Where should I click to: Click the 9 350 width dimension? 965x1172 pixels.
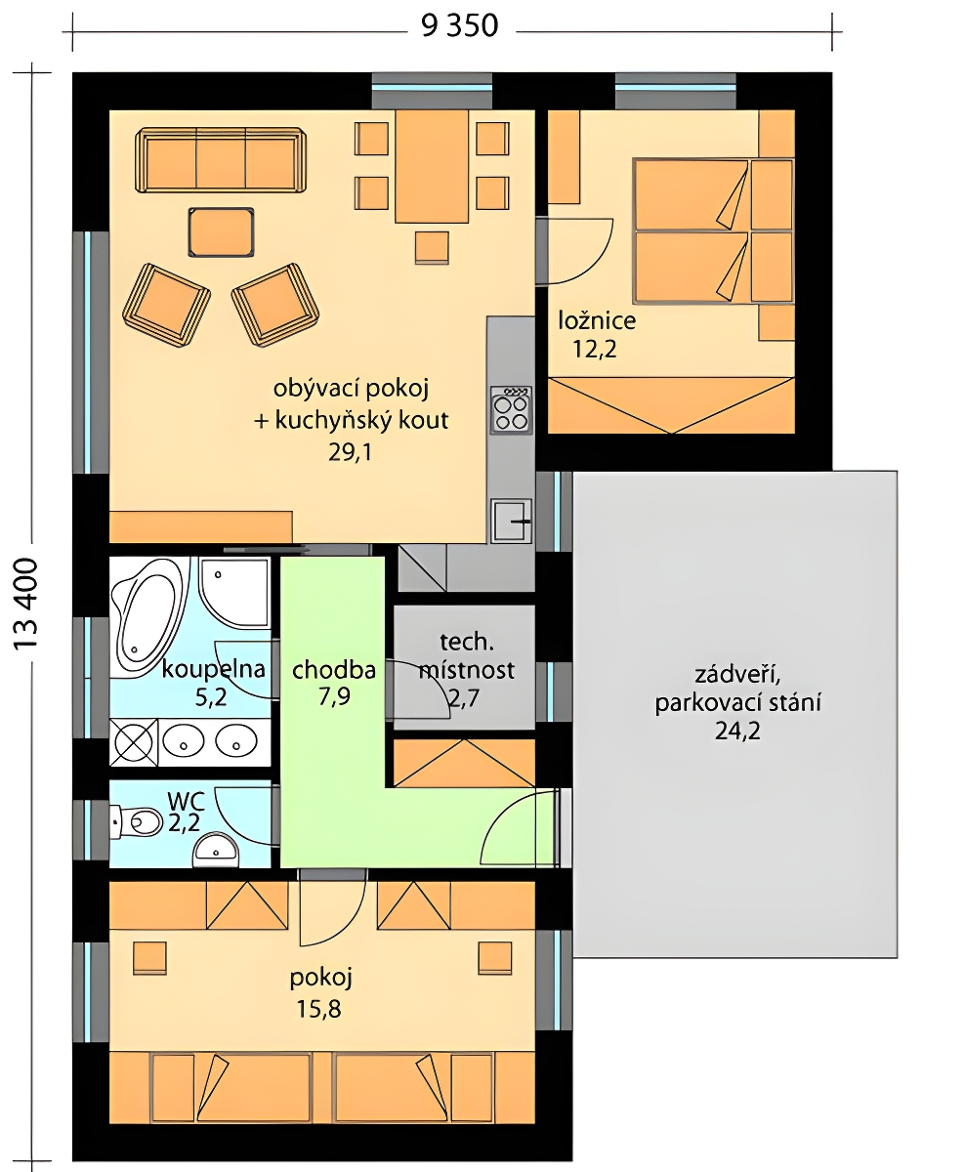(459, 26)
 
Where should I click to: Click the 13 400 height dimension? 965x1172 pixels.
(25, 604)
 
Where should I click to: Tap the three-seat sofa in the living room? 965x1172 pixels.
(222, 160)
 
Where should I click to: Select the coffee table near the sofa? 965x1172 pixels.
(222, 232)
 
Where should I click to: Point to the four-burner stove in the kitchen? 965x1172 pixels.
(512, 410)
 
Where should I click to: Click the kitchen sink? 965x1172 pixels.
(512, 521)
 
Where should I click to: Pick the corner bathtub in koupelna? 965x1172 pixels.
(150, 617)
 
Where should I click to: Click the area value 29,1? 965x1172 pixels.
(351, 453)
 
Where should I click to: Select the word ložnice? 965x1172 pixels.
(597, 320)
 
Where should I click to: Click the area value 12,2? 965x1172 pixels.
(595, 350)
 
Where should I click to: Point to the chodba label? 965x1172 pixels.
(334, 670)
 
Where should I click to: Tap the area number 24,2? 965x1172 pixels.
(737, 732)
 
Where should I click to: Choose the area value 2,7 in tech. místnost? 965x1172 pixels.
(464, 698)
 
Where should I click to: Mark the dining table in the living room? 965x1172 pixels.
(432, 166)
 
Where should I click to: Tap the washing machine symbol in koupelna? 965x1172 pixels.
(134, 742)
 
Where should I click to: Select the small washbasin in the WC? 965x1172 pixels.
(215, 849)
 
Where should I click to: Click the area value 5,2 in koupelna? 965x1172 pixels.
(211, 697)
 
